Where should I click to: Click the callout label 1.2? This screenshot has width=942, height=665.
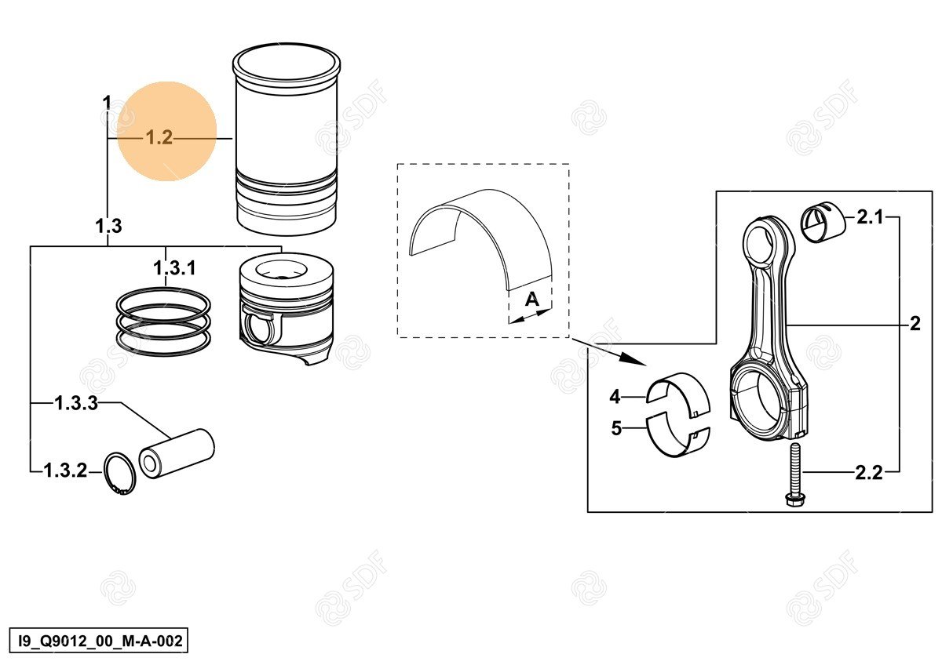point(159,137)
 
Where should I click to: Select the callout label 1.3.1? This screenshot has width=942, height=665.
point(174,267)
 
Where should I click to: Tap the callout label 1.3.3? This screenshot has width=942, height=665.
point(77,403)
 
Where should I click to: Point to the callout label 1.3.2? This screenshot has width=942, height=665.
point(66,471)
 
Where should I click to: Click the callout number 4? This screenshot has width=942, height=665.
point(615,397)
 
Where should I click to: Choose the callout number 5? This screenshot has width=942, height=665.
point(616,428)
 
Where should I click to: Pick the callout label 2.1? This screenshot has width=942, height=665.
point(870,217)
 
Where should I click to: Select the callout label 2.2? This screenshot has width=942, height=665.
point(869,473)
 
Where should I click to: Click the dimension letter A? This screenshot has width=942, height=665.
point(532,300)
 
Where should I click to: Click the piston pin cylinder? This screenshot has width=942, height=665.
point(177,454)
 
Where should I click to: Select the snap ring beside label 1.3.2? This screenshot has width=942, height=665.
point(120,474)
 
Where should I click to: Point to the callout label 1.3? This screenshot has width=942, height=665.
point(108,226)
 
